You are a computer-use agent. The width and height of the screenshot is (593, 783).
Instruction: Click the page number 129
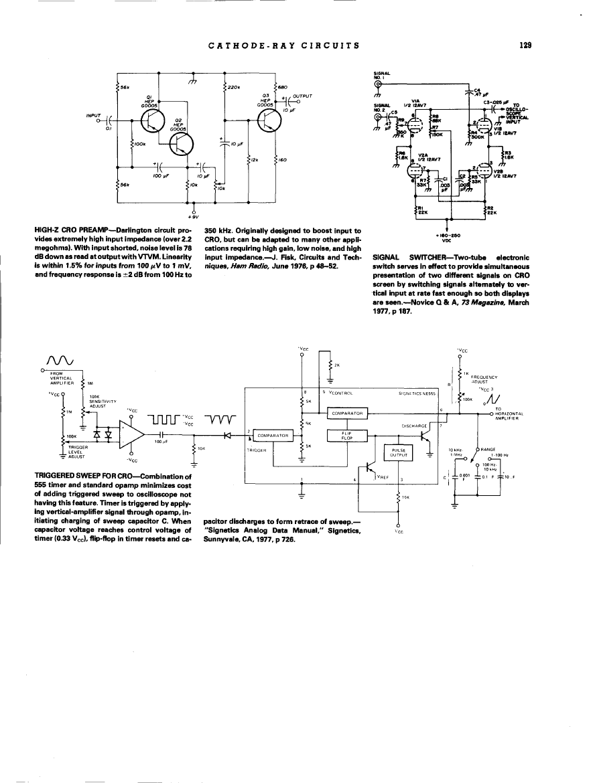coord(525,46)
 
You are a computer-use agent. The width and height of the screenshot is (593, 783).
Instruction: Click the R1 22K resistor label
coord(422,209)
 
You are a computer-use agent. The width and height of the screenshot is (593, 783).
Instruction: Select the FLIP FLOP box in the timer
coord(346,436)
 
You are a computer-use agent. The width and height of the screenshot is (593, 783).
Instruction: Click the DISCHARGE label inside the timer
coord(415,425)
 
